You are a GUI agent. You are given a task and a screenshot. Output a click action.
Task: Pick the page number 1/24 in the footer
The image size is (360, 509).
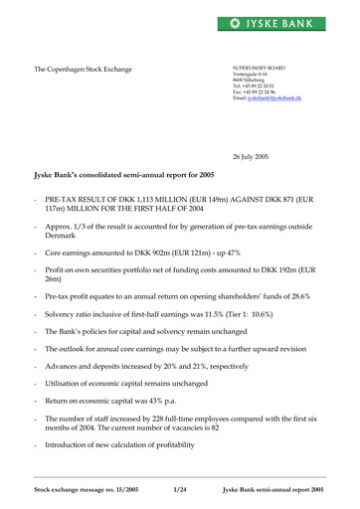click(x=180, y=490)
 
